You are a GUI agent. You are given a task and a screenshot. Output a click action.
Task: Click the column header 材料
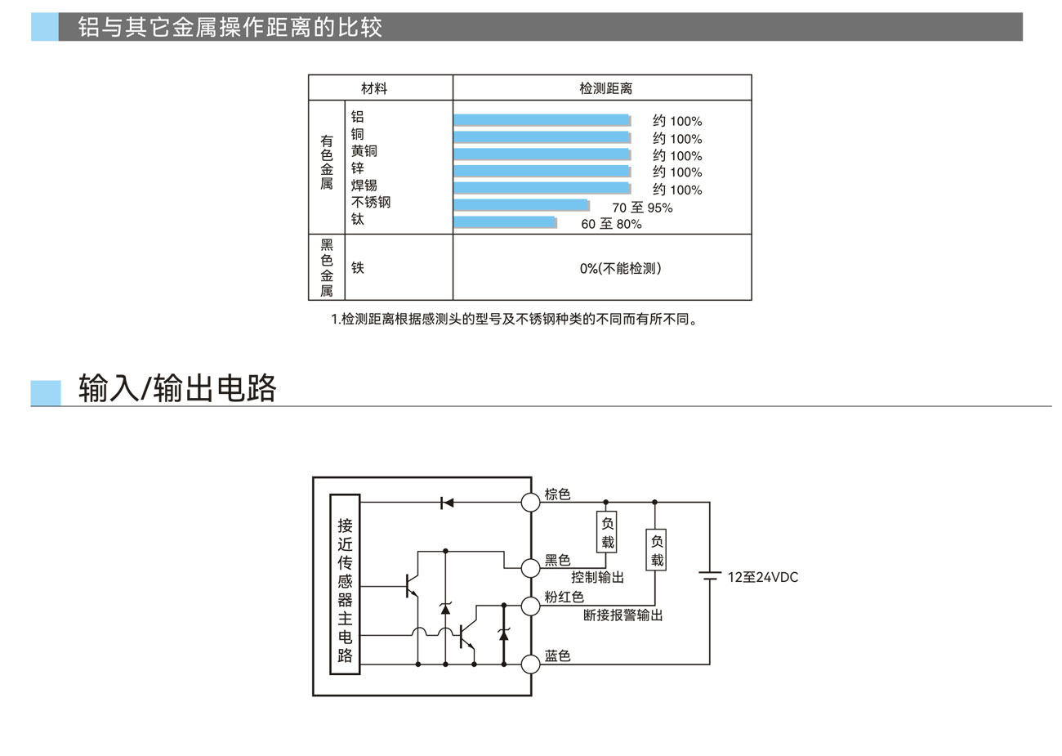click(374, 88)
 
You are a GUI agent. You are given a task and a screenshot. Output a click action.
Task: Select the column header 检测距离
click(605, 88)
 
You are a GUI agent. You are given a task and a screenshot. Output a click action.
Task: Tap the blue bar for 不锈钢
click(521, 205)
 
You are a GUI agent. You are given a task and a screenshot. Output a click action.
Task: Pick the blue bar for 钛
click(505, 222)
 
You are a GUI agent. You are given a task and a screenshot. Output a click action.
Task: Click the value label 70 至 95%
click(642, 208)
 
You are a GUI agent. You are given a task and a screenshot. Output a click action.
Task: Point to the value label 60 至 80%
click(611, 224)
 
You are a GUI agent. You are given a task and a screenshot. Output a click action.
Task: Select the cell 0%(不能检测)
click(620, 268)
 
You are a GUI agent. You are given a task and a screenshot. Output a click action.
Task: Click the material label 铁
click(358, 268)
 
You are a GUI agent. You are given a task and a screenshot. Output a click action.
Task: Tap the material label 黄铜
click(364, 151)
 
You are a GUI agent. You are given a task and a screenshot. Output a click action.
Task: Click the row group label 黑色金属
click(327, 268)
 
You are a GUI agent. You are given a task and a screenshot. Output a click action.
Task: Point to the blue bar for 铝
click(542, 120)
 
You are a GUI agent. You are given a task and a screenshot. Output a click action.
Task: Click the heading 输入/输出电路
click(177, 388)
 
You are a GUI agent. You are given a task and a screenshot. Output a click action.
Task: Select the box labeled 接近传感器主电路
click(345, 584)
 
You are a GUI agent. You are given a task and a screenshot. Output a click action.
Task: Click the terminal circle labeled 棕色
click(531, 502)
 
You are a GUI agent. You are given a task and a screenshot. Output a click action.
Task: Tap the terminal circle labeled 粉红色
click(531, 605)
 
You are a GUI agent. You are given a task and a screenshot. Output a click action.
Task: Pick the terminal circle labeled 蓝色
click(531, 663)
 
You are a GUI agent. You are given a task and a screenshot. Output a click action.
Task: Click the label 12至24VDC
click(763, 577)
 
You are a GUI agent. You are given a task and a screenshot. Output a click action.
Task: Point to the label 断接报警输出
click(622, 615)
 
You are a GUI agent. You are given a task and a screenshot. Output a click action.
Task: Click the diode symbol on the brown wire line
click(446, 503)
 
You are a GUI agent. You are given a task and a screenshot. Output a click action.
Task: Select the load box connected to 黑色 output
click(607, 532)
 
